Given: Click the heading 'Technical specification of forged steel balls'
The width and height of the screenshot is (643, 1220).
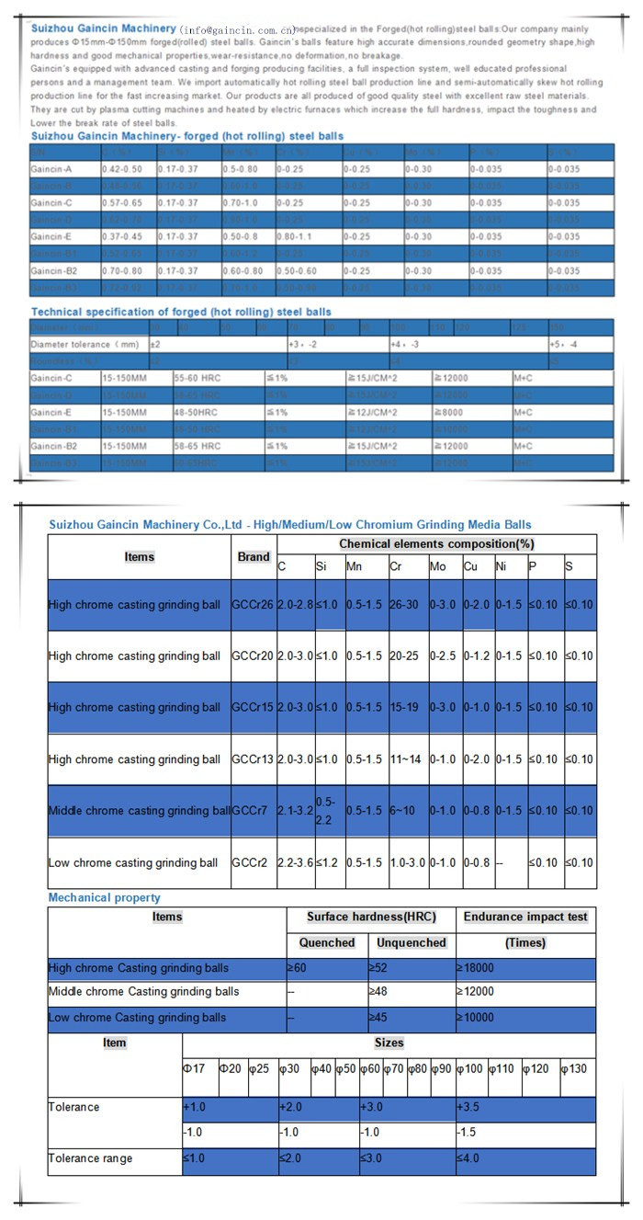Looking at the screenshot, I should (181, 312).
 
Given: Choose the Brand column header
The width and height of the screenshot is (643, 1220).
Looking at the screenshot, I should (254, 557).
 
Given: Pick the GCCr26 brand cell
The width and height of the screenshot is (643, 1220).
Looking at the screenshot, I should (253, 604).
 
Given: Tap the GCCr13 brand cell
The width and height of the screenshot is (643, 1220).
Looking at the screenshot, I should (253, 759).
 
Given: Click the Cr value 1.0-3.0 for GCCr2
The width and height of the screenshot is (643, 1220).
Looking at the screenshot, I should (407, 863).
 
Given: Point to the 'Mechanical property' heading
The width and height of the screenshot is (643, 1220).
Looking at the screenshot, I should (104, 897).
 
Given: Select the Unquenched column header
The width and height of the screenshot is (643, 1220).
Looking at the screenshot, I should (412, 942).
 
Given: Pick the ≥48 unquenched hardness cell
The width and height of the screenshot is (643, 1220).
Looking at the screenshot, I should (378, 992).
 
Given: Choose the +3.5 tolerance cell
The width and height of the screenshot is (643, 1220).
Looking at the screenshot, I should (468, 1108).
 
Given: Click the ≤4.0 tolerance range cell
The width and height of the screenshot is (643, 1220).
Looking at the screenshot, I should (468, 1158).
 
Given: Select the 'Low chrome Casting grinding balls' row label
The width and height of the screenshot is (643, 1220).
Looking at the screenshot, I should (137, 1018).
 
